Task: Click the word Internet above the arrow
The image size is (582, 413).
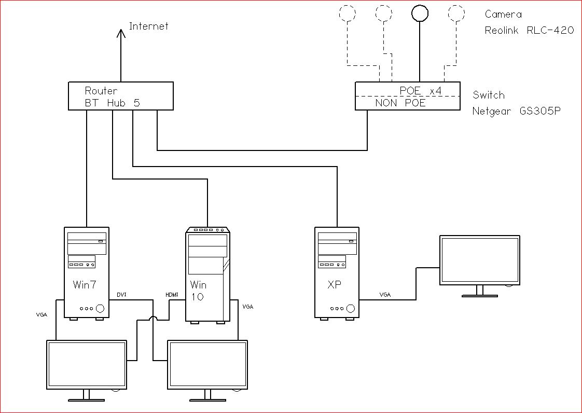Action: coord(148,26)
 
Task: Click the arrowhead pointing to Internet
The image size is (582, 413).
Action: coord(121,34)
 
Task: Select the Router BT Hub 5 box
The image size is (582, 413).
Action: coord(120,96)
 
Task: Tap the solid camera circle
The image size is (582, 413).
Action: coord(419,13)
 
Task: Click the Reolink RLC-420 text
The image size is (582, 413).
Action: coord(529,30)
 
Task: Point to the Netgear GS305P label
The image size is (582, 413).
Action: coord(516,111)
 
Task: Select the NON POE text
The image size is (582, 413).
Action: coord(400,103)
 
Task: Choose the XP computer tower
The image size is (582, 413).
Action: coord(337,272)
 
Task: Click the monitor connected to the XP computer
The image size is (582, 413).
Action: coord(480,260)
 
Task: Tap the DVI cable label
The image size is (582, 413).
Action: coord(121,295)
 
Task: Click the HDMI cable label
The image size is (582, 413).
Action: coord(172,295)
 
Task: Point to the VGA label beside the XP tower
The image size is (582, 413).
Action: coord(385,295)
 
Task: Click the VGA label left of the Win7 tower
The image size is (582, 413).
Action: coord(43,314)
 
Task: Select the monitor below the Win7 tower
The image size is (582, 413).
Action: coord(87,365)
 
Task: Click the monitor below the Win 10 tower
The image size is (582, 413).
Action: coord(207,365)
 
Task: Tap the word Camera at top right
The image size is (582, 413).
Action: coord(503,15)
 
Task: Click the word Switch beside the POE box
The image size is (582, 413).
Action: coord(488,95)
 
